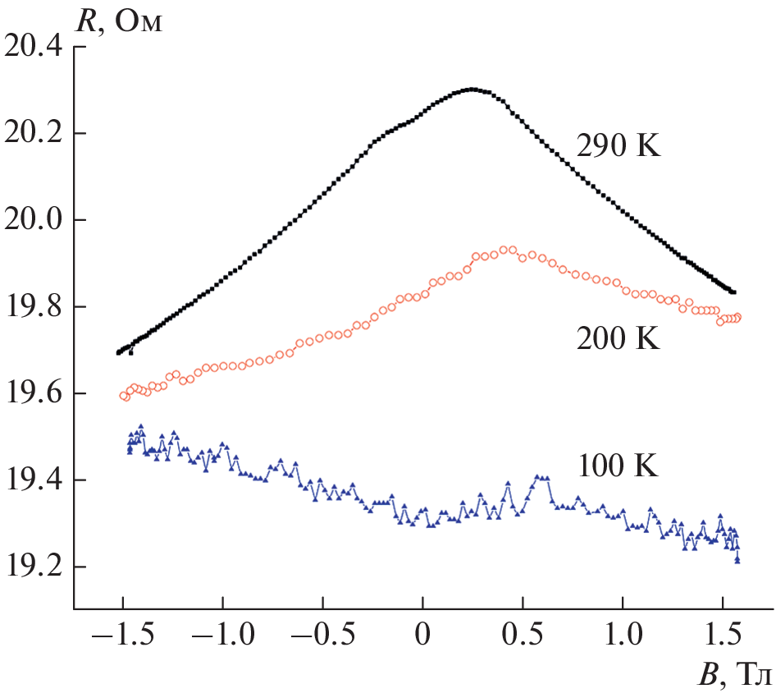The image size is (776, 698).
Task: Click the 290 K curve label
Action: click(x=618, y=149)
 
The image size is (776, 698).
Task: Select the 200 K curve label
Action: click(x=618, y=339)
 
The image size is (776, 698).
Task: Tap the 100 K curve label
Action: click(x=618, y=467)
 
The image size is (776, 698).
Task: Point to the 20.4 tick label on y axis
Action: click(x=34, y=48)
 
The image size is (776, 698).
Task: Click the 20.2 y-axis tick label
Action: click(x=34, y=134)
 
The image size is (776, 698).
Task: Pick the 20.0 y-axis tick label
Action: click(x=34, y=221)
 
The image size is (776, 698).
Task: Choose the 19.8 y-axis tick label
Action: click(x=34, y=307)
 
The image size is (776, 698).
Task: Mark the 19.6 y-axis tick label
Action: click(x=34, y=394)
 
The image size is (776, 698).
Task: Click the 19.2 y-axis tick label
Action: click(x=34, y=567)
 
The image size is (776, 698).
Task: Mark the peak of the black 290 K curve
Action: click(x=471, y=89)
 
